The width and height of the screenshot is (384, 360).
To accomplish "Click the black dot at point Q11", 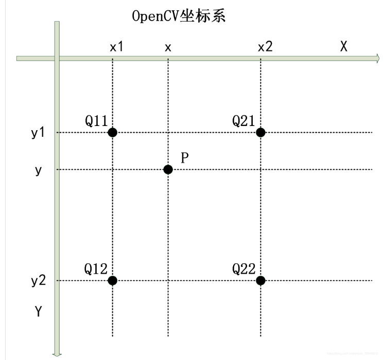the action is click(x=113, y=132).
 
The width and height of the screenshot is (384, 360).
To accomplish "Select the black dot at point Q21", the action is click(x=260, y=132).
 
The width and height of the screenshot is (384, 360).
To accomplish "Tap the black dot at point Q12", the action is click(x=113, y=280).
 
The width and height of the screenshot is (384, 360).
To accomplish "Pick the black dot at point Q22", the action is click(x=260, y=280).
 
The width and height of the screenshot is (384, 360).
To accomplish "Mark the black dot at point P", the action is click(x=168, y=169).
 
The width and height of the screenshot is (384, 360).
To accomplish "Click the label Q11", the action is click(x=96, y=120).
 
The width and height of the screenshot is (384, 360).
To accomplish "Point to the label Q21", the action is click(x=244, y=120).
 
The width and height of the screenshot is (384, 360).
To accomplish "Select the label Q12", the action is click(x=96, y=268).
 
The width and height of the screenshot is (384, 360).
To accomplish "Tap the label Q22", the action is click(x=244, y=268).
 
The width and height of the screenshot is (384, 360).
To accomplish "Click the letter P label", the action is click(x=185, y=158).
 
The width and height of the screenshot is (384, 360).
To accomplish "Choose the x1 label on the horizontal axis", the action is click(x=117, y=47).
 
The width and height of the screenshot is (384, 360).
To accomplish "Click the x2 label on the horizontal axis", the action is click(x=265, y=47).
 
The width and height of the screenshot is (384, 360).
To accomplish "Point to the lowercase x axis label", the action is click(x=168, y=47).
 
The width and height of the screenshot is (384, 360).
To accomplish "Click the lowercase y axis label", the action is click(x=38, y=170).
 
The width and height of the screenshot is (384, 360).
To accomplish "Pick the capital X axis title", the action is click(x=344, y=46).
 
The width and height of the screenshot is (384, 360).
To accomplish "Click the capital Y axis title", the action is click(x=38, y=311).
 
